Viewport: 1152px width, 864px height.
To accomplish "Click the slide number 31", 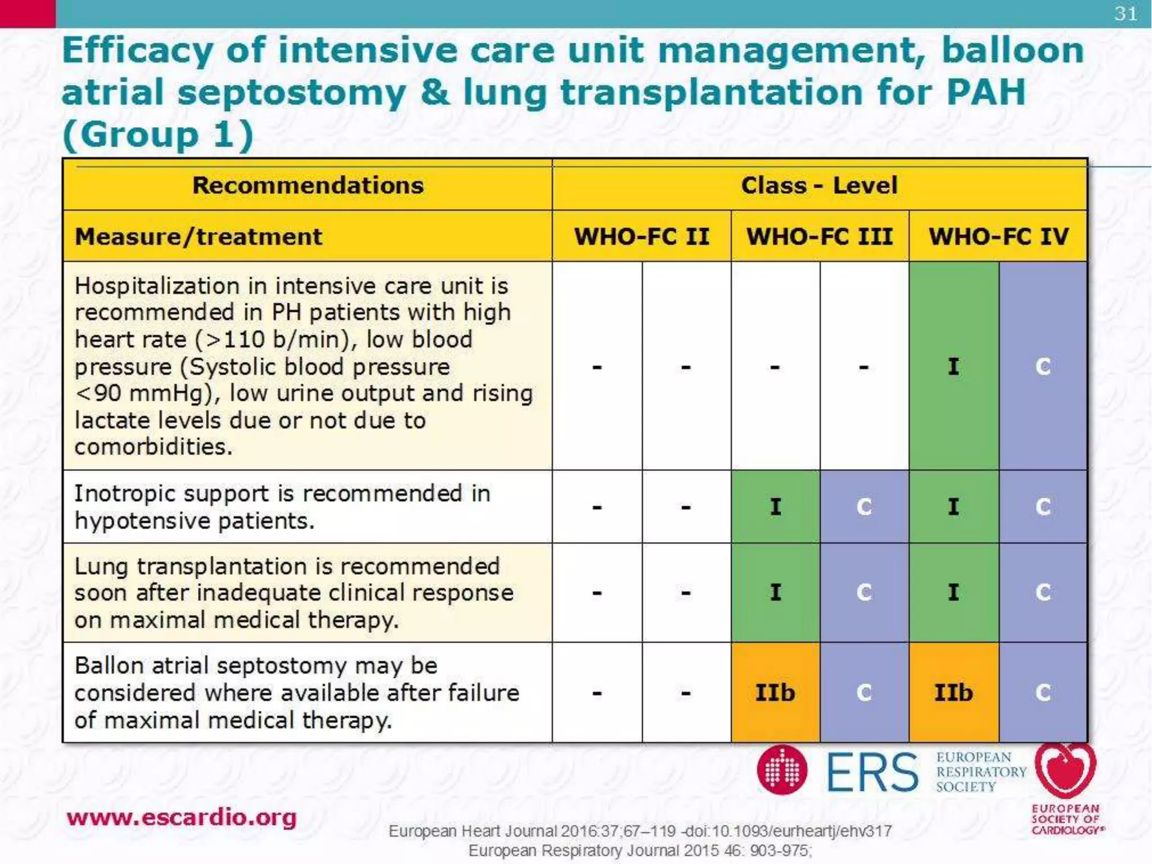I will click(x=1126, y=13).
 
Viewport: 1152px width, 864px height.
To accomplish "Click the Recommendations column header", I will click(x=308, y=186).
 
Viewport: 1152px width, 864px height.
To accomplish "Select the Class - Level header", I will click(x=819, y=186).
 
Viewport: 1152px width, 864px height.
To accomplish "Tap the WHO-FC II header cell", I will click(x=641, y=236).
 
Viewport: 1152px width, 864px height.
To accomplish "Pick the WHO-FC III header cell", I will click(x=820, y=236).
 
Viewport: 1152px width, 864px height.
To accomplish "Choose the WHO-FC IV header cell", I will click(x=998, y=236).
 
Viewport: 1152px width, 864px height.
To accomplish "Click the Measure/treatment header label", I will click(x=199, y=237).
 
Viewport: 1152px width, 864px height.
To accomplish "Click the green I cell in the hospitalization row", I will click(x=953, y=367).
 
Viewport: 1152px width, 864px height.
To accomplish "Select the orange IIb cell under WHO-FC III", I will click(x=775, y=692).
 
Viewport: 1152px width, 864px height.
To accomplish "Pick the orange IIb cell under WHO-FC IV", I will click(x=953, y=692).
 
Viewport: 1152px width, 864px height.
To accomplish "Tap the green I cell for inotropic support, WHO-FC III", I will click(x=775, y=507).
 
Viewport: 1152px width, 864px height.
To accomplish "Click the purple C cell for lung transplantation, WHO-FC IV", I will click(x=1043, y=592).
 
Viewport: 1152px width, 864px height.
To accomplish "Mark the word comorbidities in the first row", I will click(x=153, y=447).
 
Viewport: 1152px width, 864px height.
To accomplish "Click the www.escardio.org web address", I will click(x=181, y=817).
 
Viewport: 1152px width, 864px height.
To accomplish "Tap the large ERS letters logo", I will click(x=872, y=772).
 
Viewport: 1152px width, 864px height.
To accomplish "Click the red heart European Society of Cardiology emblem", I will click(x=1065, y=771).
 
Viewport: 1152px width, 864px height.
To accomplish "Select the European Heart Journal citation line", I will click(x=640, y=831).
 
